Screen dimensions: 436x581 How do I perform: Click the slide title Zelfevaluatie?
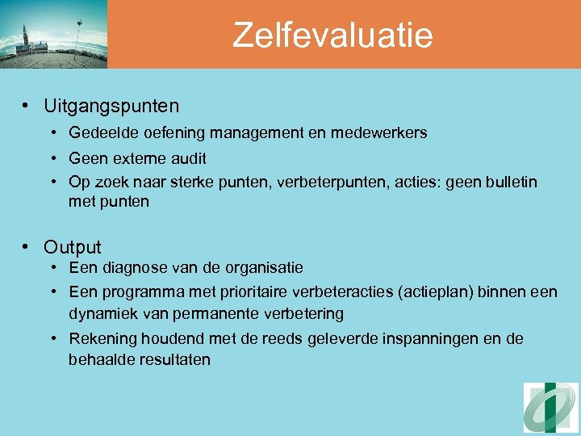tap(332, 36)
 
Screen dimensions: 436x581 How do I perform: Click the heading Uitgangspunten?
tap(111, 106)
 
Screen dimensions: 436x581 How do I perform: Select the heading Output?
tap(73, 247)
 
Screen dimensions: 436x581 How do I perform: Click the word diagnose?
tap(138, 267)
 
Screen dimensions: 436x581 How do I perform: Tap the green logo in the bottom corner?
tap(551, 408)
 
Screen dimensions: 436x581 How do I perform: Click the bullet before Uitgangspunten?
tap(27, 106)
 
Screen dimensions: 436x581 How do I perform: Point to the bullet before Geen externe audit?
tap(52, 159)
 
